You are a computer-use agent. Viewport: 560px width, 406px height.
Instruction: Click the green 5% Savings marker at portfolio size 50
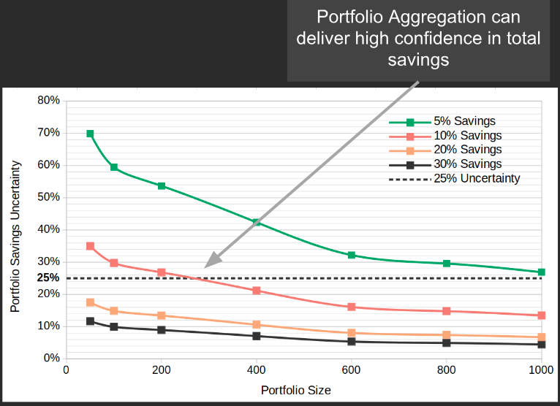click(90, 134)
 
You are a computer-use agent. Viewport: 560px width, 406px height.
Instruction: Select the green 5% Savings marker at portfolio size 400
click(257, 222)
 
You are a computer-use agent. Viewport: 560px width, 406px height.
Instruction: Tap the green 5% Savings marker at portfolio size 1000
click(542, 272)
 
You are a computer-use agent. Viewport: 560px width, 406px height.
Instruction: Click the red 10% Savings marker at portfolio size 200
click(162, 272)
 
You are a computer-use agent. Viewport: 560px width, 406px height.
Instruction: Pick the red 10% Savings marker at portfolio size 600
click(352, 307)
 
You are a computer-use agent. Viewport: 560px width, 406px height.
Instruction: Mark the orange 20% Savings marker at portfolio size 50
click(90, 302)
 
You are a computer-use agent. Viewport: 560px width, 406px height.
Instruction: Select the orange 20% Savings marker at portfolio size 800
click(447, 335)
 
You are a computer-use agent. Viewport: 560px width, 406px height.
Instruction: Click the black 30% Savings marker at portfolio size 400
click(257, 336)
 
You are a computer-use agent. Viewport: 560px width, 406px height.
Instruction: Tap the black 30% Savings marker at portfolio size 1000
click(542, 345)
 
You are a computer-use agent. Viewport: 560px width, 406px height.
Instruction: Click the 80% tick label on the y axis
click(48, 100)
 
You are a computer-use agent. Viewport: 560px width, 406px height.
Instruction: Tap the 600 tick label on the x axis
click(352, 370)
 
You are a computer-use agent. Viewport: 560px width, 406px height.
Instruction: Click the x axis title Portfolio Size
click(296, 391)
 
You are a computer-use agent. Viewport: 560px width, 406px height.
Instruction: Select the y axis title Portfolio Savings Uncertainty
click(15, 237)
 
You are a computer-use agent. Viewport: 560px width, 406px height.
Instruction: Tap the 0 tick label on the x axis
click(67, 370)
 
